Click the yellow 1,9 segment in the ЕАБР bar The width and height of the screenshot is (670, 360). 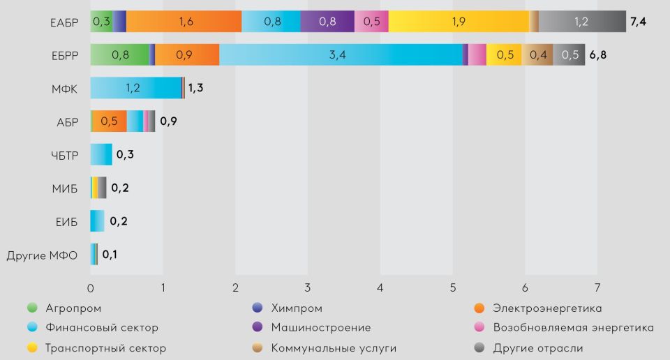459,22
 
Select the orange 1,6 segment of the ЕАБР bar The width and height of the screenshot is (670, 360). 184,22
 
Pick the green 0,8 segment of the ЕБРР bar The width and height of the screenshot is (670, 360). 119,55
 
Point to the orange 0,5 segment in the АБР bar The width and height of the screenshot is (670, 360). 110,121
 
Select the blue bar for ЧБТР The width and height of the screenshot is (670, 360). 101,154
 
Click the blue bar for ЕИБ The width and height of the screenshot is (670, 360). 97,221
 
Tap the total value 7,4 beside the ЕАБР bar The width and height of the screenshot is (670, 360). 638,22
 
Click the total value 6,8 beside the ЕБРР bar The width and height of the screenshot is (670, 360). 597,55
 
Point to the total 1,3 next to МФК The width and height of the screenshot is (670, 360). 195,89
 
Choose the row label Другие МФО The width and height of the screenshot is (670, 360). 42,255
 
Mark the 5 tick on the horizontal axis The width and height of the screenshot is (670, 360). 453,287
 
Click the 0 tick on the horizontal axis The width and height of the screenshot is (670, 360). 91,287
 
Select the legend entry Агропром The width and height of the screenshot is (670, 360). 73,308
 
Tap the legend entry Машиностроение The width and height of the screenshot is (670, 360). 321,327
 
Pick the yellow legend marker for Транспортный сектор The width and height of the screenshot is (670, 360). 31,347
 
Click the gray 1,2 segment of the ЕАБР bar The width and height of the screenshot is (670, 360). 581,22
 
